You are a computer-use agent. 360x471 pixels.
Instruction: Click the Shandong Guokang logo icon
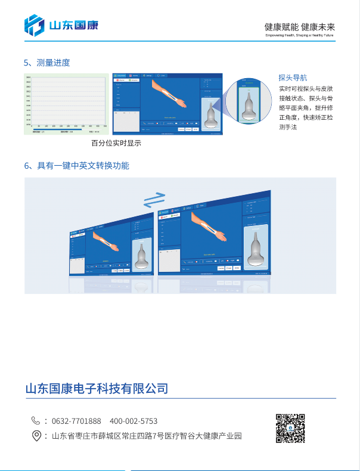coord(34,25)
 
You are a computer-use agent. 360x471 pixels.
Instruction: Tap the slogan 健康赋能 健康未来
coord(300,27)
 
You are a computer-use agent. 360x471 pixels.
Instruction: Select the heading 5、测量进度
coord(46,63)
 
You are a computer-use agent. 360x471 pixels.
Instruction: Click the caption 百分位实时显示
coord(116,144)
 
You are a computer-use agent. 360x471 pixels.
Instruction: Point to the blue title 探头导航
coord(293,78)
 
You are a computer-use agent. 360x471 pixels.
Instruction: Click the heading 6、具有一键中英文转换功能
coord(76,165)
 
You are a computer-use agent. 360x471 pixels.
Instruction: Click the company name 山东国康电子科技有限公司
coord(97,389)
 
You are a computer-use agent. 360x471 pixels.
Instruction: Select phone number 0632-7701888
coord(80,421)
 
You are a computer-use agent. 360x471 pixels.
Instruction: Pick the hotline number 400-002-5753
coord(134,421)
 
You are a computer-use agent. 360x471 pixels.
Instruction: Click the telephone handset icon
coord(36,421)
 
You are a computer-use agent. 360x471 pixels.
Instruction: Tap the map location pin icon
coord(36,436)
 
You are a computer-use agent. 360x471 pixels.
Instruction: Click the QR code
coord(290,428)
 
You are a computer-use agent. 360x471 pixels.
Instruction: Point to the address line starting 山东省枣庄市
coord(147,436)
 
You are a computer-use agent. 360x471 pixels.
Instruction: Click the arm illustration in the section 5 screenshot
coord(169,94)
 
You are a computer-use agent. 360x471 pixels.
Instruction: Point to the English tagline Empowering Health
coord(300,35)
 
